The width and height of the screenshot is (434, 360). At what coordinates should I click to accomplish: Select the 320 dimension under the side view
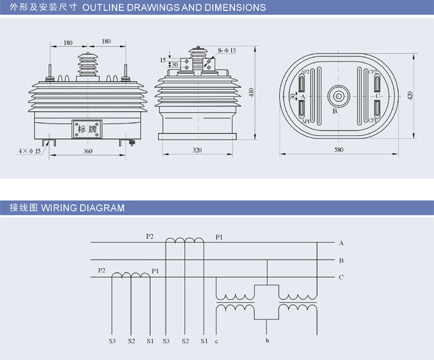(x=197, y=151)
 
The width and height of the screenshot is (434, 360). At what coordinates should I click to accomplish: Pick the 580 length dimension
(x=338, y=151)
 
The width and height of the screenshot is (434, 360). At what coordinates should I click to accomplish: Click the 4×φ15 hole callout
(x=30, y=150)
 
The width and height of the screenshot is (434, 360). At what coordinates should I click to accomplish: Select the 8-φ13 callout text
(x=227, y=50)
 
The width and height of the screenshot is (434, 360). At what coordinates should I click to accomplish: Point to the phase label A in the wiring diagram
(x=341, y=243)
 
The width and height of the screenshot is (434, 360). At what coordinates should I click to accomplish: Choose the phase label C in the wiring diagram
(x=341, y=277)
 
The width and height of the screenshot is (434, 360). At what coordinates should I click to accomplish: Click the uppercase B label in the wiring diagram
(x=341, y=260)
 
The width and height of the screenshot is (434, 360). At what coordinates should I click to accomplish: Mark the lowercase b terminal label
(x=267, y=341)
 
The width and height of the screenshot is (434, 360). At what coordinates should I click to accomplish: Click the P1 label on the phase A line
(x=219, y=236)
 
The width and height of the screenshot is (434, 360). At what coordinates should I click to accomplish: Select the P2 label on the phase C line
(x=102, y=271)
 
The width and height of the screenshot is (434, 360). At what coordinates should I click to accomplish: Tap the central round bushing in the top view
(x=338, y=96)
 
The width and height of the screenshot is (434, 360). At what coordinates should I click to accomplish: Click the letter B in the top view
(x=335, y=112)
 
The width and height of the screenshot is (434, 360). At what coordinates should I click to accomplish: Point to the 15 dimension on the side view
(x=162, y=60)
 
